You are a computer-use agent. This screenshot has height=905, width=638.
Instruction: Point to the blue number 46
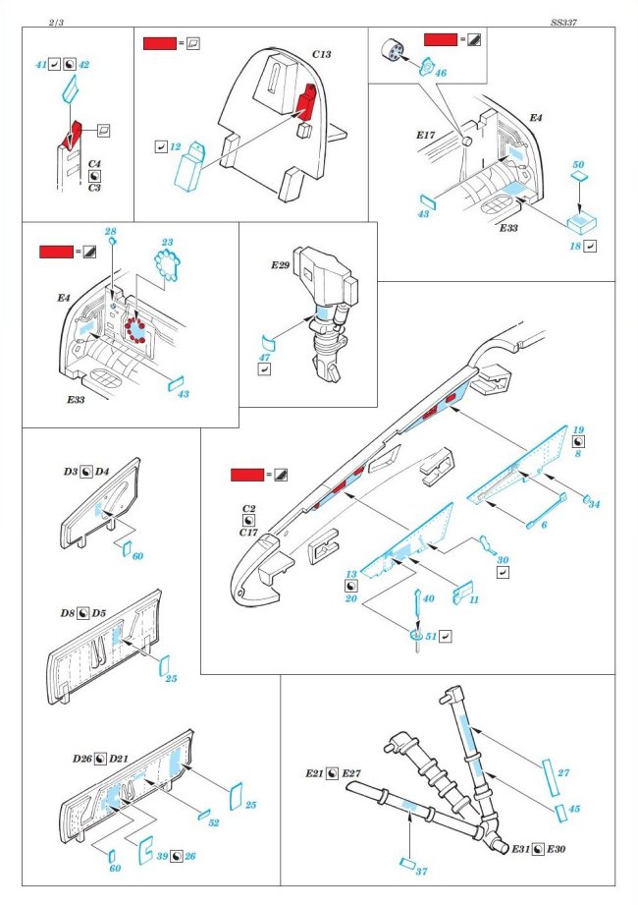click(440, 73)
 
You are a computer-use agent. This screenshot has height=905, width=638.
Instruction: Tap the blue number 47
click(264, 357)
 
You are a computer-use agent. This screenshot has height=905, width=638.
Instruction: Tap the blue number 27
click(563, 773)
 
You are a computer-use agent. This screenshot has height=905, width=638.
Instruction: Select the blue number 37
click(422, 872)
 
